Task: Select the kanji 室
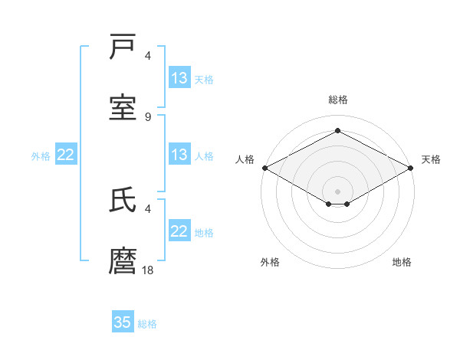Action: [123, 108]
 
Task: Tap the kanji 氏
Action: [123, 200]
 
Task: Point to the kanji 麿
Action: [123, 260]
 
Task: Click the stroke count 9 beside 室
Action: [148, 116]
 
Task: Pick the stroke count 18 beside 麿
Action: [148, 270]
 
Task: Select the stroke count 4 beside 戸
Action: [148, 56]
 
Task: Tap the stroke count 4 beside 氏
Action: [148, 208]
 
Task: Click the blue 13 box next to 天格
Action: [179, 78]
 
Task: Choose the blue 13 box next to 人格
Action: [179, 155]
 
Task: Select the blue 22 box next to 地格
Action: [179, 231]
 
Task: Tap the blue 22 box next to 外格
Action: [66, 155]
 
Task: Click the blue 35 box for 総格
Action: [123, 322]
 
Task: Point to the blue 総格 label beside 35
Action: [147, 324]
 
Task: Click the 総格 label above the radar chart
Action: [337, 100]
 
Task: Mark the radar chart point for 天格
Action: [412, 168]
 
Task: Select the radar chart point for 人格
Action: [264, 168]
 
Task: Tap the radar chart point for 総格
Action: [337, 131]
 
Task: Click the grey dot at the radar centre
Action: [337, 191]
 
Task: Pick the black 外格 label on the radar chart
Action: [270, 262]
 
